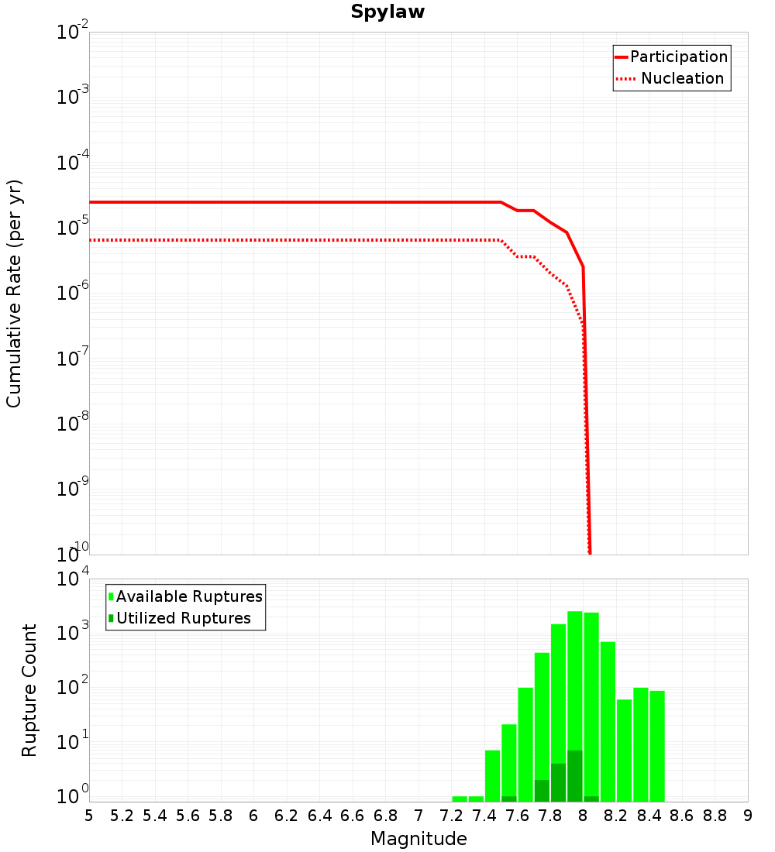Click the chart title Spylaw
[387, 12]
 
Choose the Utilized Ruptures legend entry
[183, 619]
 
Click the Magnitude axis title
[418, 839]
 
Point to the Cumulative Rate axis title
[14, 294]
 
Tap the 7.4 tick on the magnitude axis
[484, 816]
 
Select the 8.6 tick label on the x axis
[682, 816]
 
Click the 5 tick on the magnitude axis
[89, 816]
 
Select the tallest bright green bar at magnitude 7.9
[575, 682]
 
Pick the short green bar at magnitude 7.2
[460, 799]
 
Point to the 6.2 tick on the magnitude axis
[287, 816]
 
